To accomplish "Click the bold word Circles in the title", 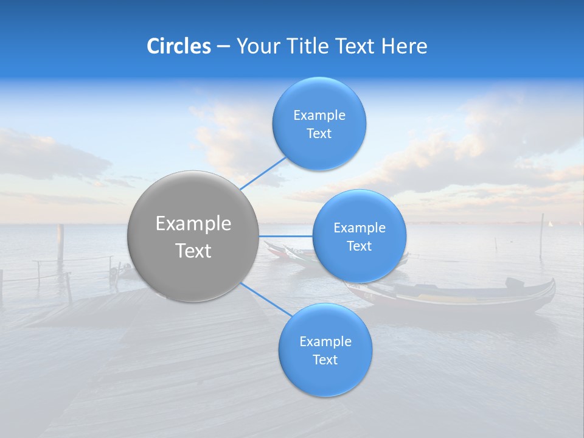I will tap(179, 46).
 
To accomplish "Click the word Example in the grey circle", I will tap(193, 224).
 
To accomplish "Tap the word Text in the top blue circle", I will tap(319, 134).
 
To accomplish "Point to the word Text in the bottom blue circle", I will tap(325, 360).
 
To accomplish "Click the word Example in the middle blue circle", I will tap(360, 228).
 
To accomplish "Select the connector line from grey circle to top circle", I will tap(263, 173).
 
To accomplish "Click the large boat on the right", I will tap(462, 296).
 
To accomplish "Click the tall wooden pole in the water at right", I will tap(541, 234).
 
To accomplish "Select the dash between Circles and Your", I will tap(223, 47).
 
